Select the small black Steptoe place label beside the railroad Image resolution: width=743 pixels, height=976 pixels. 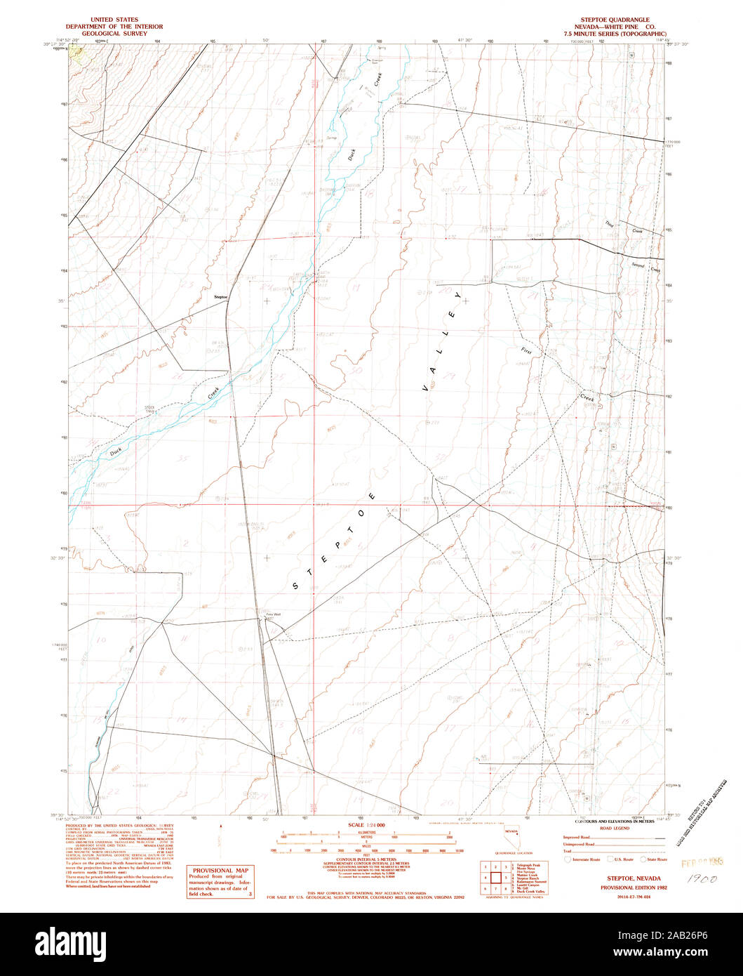pos(220,298)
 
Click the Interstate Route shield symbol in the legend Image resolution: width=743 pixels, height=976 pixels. pos(567,859)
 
